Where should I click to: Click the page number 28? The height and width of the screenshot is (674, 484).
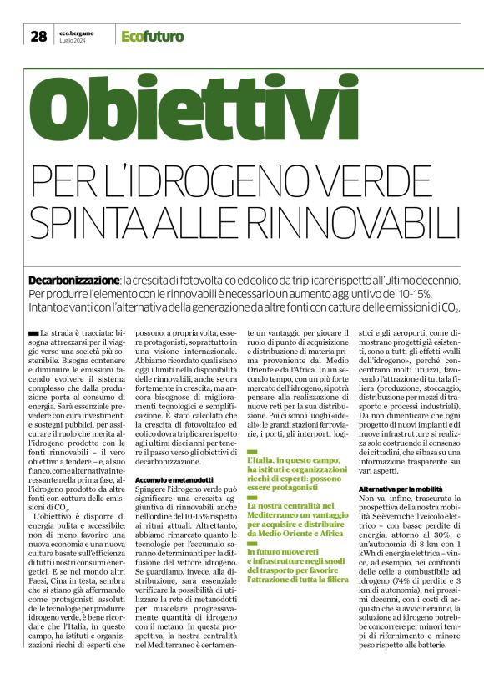click(38, 35)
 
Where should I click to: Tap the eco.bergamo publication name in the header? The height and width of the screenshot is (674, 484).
click(77, 32)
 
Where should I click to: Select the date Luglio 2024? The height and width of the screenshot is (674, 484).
click(73, 40)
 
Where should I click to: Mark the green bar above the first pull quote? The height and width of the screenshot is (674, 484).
click(253, 451)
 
